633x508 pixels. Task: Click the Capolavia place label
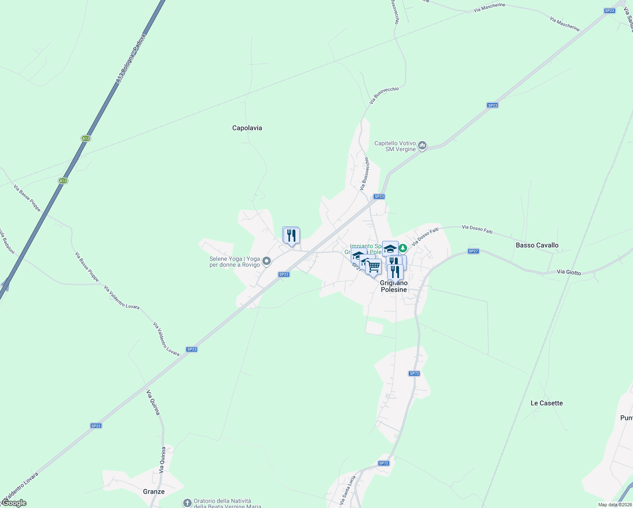[247, 128]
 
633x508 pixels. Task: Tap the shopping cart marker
[373, 267]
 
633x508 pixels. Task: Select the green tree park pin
[403, 248]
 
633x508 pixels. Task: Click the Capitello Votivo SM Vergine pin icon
[422, 146]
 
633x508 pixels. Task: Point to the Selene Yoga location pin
[267, 261]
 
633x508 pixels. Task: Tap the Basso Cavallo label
[537, 245]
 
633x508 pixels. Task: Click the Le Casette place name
[547, 403]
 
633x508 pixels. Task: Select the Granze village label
[154, 491]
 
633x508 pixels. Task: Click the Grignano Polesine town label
[394, 287]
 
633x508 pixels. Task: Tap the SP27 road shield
[473, 251]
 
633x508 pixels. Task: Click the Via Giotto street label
[569, 272]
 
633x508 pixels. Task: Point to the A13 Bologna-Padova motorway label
[131, 58]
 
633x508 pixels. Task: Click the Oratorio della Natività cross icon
[187, 503]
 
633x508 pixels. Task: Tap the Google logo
[14, 503]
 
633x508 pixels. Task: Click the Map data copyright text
[615, 505]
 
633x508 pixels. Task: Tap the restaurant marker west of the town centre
[291, 235]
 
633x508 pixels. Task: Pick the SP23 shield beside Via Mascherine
[609, 11]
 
